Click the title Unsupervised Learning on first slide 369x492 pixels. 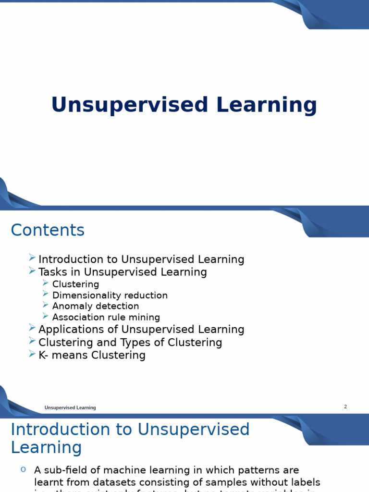[184, 105]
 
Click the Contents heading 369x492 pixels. [48, 230]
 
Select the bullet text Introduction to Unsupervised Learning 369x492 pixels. [141, 259]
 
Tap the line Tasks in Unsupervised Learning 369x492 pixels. [123, 272]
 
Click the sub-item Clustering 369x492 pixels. [75, 284]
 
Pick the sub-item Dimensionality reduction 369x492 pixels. [110, 295]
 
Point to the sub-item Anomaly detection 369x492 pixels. [96, 306]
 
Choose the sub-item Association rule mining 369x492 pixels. [106, 317]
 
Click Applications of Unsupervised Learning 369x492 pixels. [141, 330]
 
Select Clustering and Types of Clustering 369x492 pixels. [130, 343]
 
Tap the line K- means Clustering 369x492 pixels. [92, 355]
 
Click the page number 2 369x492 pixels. [345, 407]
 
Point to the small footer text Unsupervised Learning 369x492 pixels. [70, 408]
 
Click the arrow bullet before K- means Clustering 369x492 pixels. [32, 354]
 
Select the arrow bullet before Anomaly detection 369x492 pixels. [46, 305]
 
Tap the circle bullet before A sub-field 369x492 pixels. [23, 469]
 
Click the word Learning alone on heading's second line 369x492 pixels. [46, 448]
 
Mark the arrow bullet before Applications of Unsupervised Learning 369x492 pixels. [32, 328]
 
